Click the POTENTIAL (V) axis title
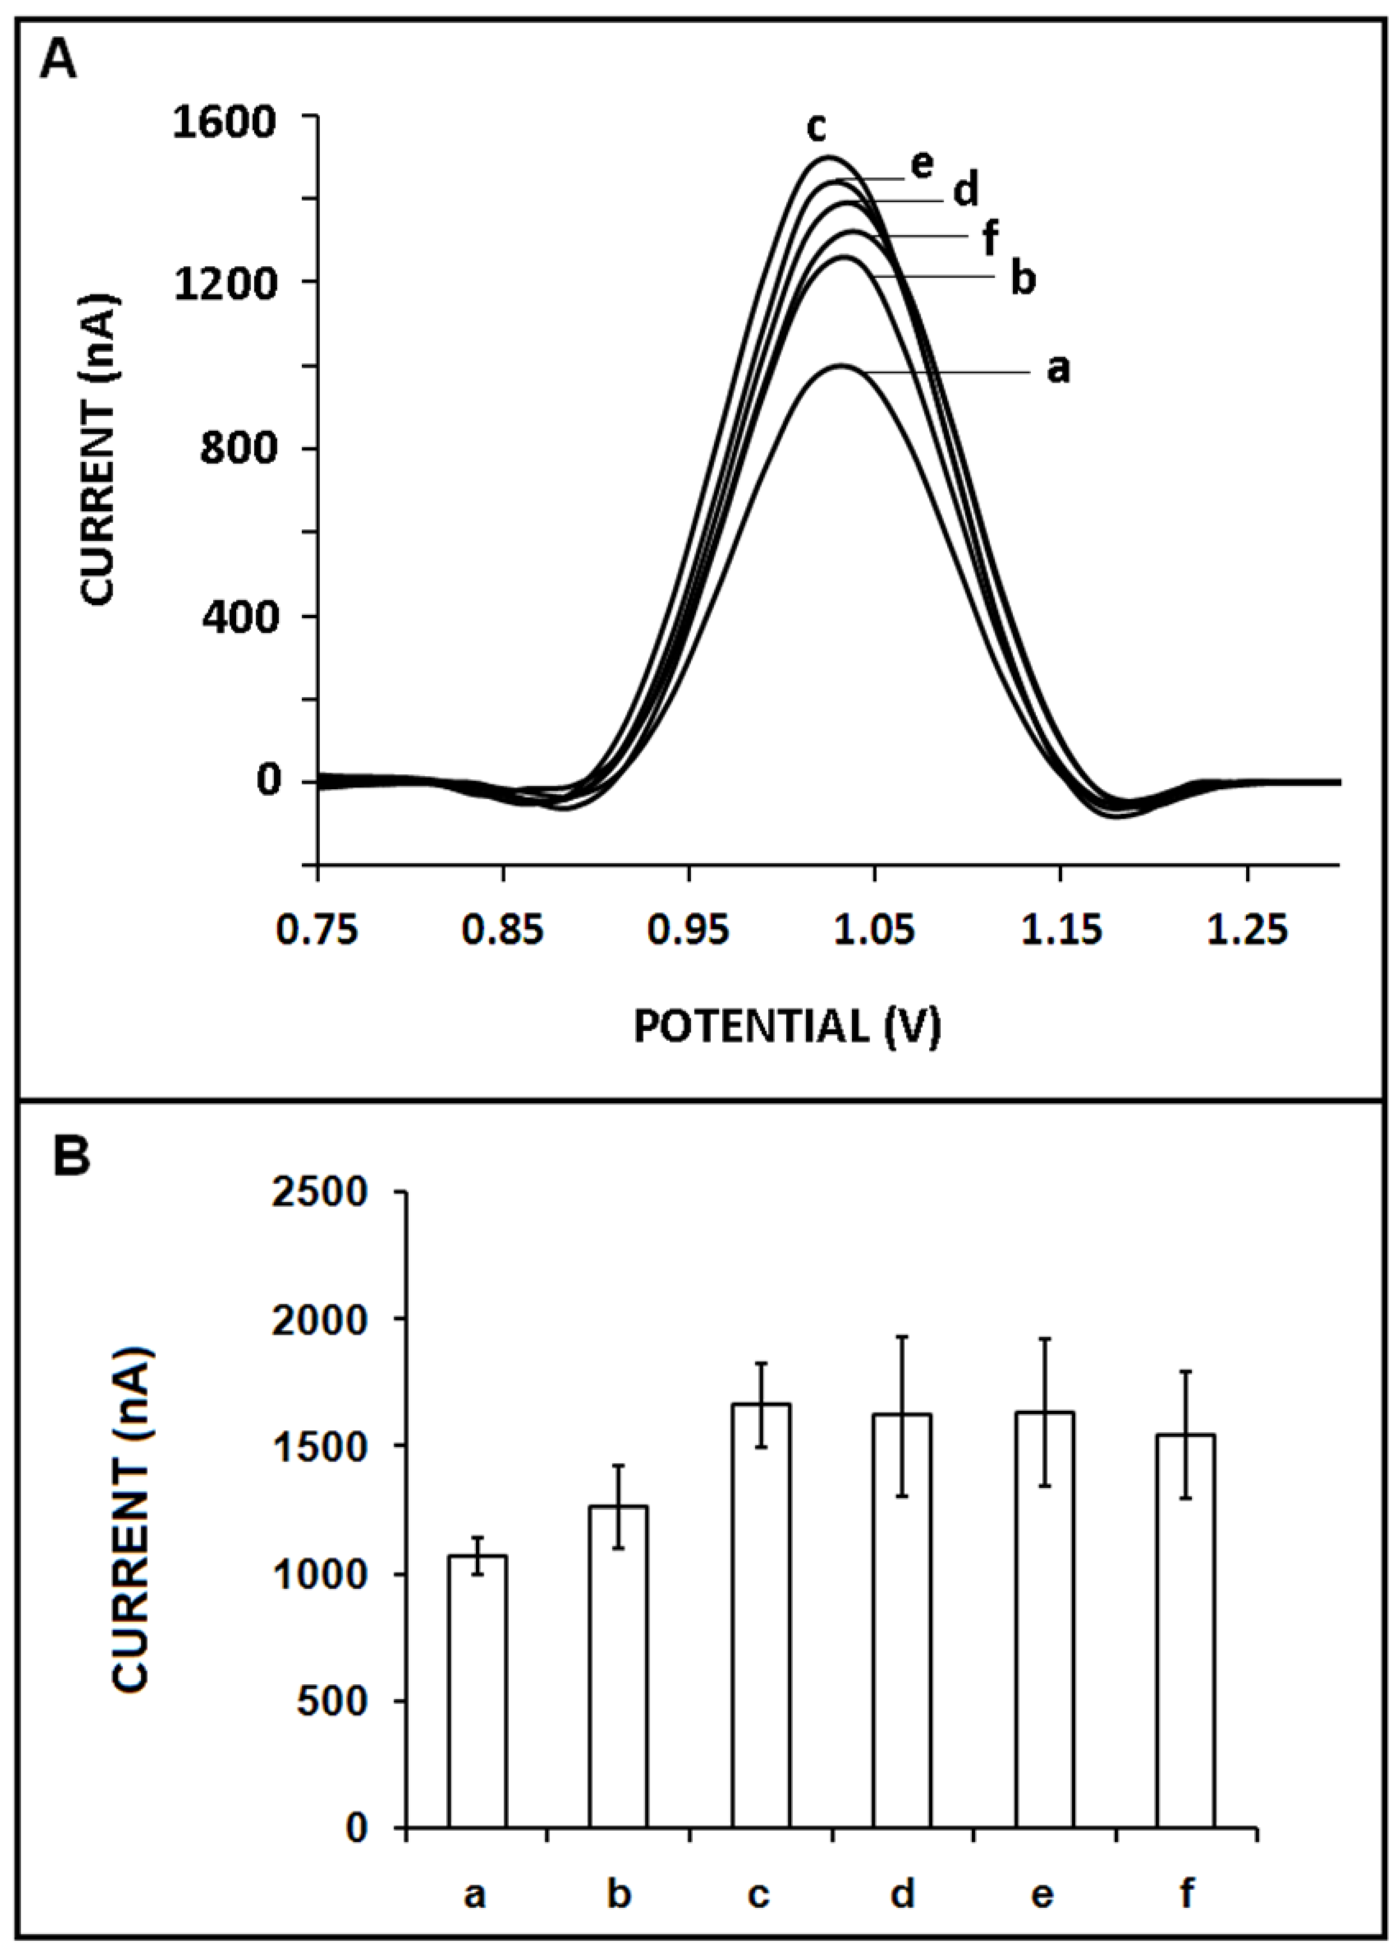click(x=787, y=1026)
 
